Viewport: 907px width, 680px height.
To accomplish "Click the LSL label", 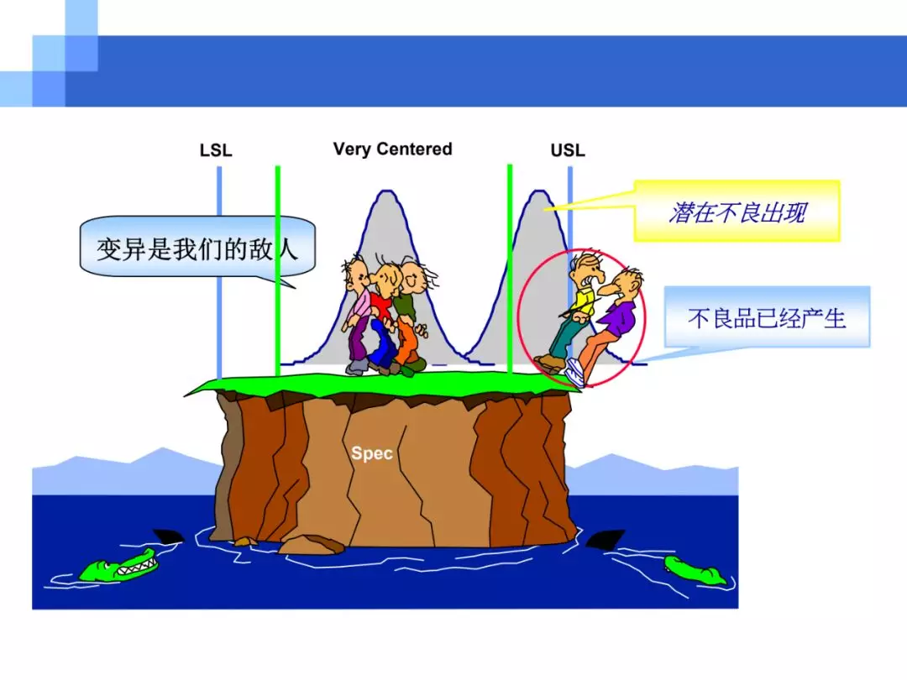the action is click(216, 150).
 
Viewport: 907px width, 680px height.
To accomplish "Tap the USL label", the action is click(568, 150).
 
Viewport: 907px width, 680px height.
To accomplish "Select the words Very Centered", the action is click(393, 149).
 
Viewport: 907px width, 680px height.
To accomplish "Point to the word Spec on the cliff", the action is click(372, 452).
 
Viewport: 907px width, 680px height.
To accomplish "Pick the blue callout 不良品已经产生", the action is click(767, 316).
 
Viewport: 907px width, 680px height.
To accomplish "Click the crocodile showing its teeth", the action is click(118, 566).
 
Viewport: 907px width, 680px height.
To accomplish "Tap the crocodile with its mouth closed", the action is click(695, 569).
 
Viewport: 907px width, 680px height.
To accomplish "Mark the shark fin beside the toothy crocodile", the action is click(168, 536).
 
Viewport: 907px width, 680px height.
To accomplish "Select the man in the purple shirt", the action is click(607, 324).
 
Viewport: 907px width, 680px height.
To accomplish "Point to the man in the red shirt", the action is click(383, 318).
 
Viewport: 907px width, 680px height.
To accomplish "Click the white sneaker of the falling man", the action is click(575, 372).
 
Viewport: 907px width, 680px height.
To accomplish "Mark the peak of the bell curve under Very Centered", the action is click(385, 191).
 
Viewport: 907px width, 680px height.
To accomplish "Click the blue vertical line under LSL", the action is click(219, 273).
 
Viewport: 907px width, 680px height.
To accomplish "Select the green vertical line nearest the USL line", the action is click(510, 269).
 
